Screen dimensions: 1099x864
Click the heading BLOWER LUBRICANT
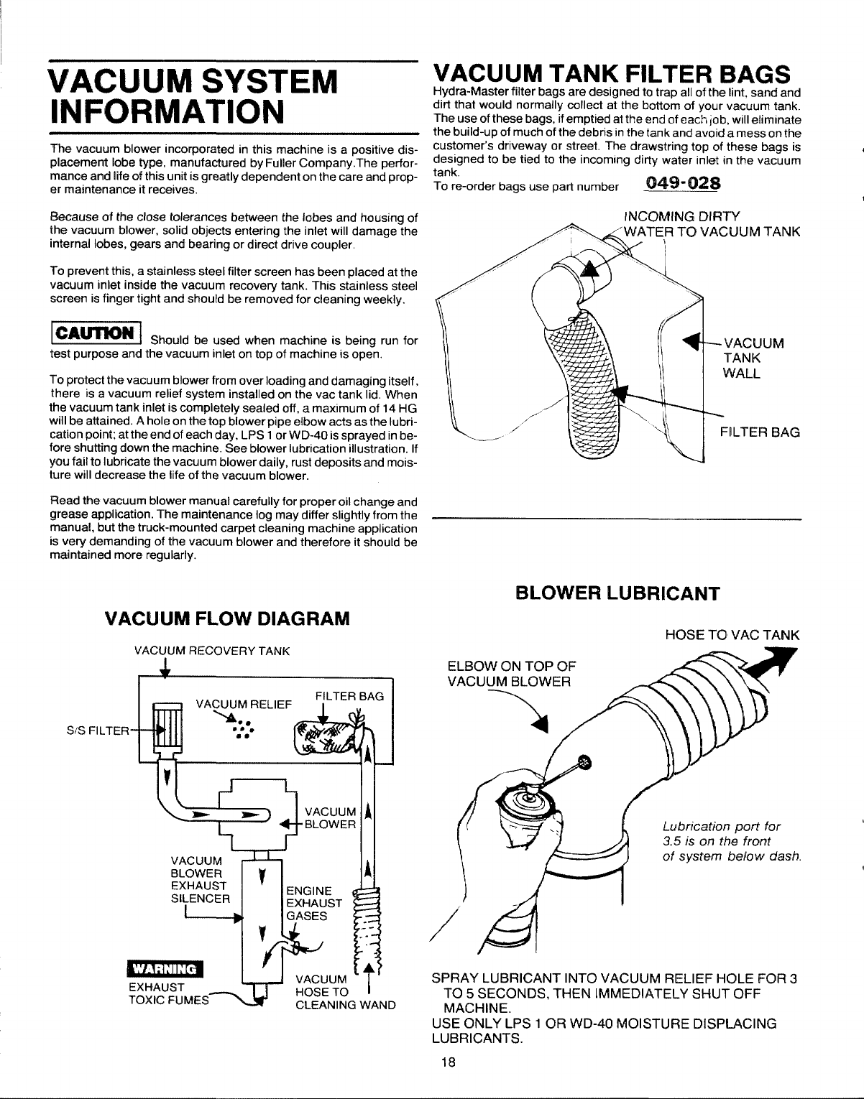click(x=617, y=593)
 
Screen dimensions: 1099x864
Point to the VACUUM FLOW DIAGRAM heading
click(x=227, y=618)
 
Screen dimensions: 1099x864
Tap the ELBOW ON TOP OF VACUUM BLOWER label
click(x=510, y=672)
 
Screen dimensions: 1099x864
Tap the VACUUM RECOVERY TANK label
click(x=211, y=651)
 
